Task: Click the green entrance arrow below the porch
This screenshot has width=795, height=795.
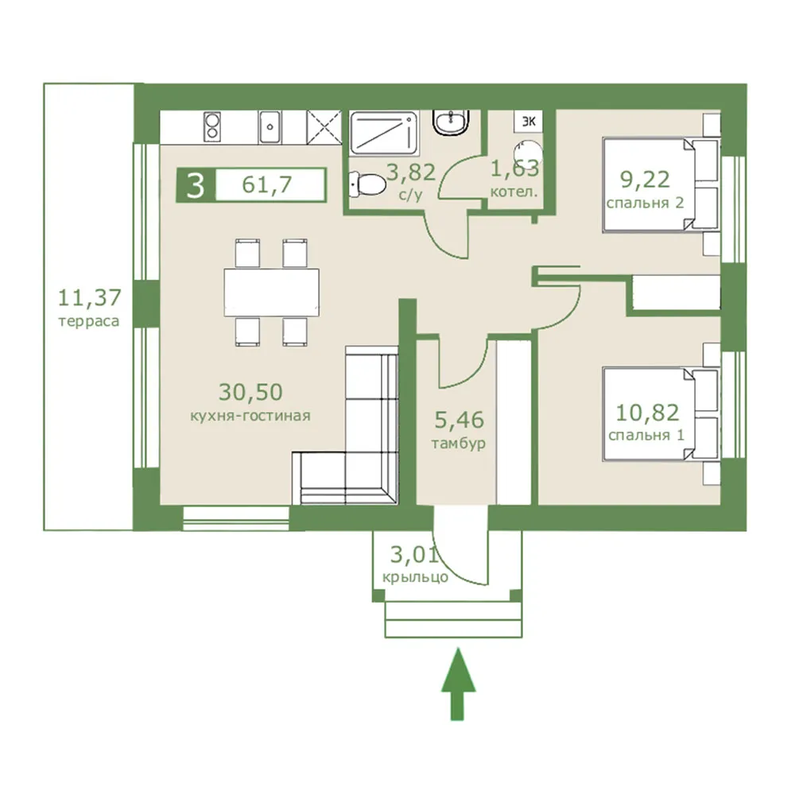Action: click(459, 684)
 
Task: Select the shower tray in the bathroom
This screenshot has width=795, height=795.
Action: click(384, 133)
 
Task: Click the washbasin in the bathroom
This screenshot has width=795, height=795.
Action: click(451, 122)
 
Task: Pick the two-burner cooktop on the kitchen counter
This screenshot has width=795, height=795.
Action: click(212, 126)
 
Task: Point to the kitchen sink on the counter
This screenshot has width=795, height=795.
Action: click(270, 126)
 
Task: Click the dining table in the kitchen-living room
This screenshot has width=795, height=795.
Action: click(272, 293)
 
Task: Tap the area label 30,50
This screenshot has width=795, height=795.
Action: click(250, 392)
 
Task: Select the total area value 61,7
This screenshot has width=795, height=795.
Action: click(267, 184)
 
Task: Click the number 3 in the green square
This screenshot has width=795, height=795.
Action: click(196, 185)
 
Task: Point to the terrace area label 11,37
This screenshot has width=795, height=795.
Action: click(90, 298)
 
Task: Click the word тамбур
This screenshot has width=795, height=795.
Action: click(459, 444)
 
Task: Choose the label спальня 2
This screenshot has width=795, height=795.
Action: click(645, 204)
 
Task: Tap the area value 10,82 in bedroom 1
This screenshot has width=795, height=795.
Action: click(647, 413)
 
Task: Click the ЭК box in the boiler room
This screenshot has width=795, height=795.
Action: click(529, 122)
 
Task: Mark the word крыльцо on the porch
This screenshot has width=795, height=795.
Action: click(415, 577)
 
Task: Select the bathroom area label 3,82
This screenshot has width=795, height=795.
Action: click(411, 173)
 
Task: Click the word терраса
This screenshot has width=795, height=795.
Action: click(89, 322)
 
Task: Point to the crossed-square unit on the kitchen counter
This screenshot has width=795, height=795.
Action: click(324, 127)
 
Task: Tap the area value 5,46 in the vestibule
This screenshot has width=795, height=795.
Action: click(460, 420)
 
